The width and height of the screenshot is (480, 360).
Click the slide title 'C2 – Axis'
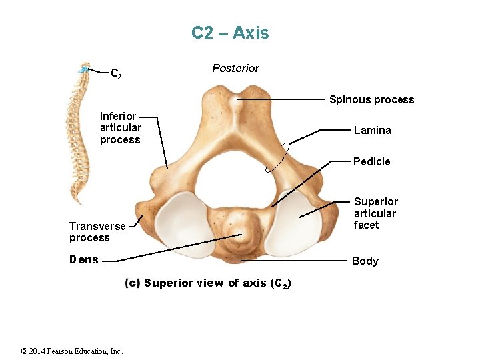(230, 33)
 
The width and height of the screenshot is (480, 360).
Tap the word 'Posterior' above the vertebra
(235, 68)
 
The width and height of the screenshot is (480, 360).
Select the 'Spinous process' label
(371, 100)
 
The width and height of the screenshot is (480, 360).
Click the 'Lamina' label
(372, 131)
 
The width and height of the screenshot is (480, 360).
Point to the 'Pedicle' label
(372, 161)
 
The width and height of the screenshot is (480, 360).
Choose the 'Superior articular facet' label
(375, 213)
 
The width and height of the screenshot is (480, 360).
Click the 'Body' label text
(365, 261)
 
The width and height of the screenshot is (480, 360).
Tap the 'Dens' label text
(84, 260)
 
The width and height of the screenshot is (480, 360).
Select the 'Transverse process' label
(97, 232)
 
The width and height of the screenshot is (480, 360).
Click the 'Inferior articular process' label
(121, 128)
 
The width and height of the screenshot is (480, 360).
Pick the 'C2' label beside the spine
(115, 73)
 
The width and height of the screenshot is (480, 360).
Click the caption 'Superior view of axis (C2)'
(208, 283)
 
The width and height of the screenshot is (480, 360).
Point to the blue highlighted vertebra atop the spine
(83, 68)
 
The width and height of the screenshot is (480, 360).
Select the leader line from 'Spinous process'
(280, 99)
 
